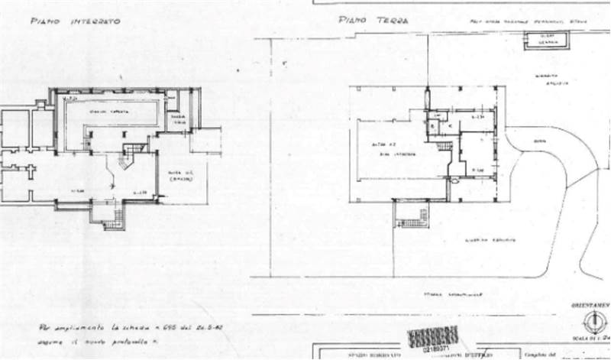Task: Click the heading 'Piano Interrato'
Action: pos(75,22)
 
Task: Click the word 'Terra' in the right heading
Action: pos(393,21)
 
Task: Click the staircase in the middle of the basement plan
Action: pos(134,148)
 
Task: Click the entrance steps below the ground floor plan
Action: pos(413,216)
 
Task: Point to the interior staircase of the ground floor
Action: pos(445,147)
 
